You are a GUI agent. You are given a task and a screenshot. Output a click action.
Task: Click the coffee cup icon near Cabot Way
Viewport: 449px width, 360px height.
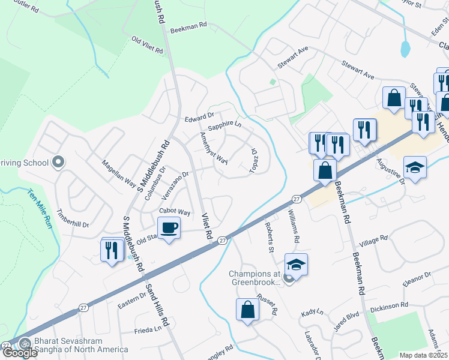coord(169,228)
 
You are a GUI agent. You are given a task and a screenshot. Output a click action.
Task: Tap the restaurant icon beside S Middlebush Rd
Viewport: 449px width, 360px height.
coord(112,250)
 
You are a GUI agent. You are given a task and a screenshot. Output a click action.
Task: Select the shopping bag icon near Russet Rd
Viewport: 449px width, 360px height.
coord(247,310)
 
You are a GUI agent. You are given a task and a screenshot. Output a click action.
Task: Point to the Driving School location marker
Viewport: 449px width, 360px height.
coord(58,162)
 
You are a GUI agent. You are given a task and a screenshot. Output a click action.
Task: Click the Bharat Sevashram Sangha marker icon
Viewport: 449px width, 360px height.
coord(25,344)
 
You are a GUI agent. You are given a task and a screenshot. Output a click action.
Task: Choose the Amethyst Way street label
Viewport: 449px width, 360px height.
coord(214,148)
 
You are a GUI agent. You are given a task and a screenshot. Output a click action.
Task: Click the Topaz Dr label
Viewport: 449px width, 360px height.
coord(253,160)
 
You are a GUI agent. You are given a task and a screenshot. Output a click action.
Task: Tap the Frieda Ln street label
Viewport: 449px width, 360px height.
coord(148,329)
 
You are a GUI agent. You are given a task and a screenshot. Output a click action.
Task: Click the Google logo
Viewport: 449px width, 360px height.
coord(20,353)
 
